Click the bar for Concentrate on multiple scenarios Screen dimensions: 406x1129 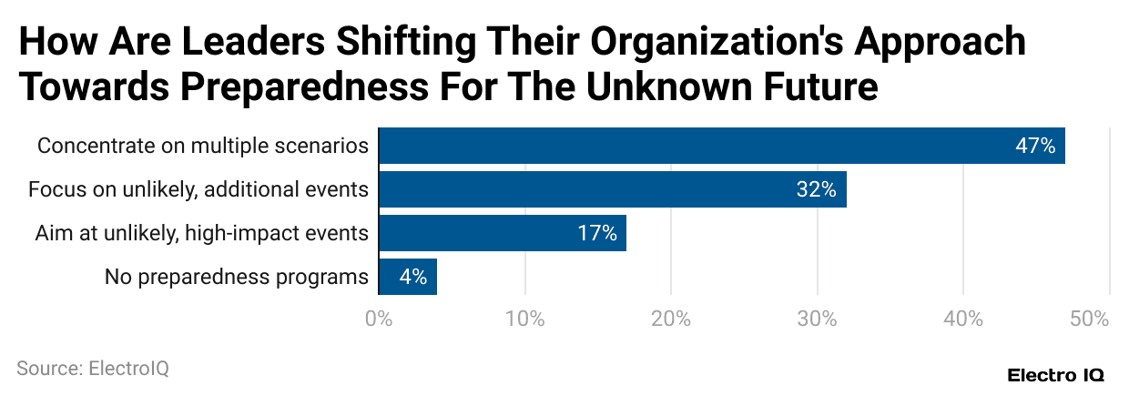[721, 146]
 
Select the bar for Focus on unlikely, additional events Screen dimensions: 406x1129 [612, 189]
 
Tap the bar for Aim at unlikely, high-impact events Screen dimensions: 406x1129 [502, 233]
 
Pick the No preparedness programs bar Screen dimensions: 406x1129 [407, 277]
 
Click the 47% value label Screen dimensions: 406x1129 [1035, 146]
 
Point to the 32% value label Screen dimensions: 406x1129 [816, 189]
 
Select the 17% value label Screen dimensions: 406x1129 [597, 233]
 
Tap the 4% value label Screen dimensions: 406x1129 [412, 277]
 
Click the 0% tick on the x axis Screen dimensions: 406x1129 [378, 320]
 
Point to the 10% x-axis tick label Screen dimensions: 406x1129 [524, 320]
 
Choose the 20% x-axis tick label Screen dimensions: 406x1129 [671, 320]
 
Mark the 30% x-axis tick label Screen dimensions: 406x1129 [818, 320]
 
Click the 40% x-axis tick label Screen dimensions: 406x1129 [963, 320]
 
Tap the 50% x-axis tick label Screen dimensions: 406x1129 [1089, 320]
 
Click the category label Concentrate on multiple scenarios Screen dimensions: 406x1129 [202, 146]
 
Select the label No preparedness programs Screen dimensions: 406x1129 [236, 277]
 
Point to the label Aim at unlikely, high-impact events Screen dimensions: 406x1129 [201, 233]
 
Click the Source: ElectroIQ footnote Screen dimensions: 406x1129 [93, 369]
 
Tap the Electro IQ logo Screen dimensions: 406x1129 [1055, 375]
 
